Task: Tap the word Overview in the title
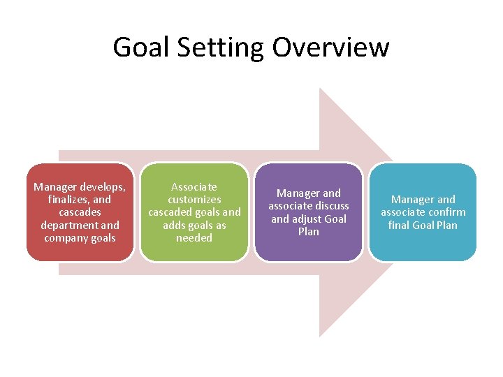click(x=330, y=47)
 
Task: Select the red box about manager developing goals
click(x=80, y=212)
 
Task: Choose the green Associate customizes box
click(x=194, y=212)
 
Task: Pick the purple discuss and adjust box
click(x=308, y=212)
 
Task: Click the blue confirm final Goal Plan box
click(x=423, y=212)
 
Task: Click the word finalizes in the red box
click(x=65, y=200)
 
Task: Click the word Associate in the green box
click(x=194, y=187)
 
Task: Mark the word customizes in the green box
click(x=194, y=200)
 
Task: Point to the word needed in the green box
click(x=194, y=238)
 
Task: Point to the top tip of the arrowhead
click(x=320, y=89)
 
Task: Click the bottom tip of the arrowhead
click(x=320, y=337)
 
